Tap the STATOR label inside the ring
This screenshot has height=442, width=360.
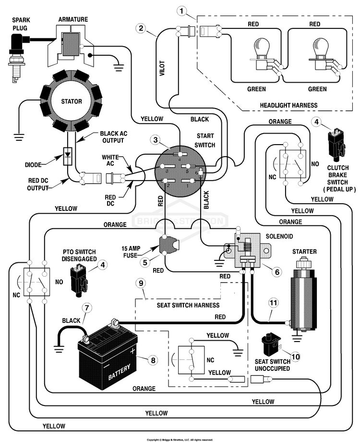pyautogui.click(x=72, y=101)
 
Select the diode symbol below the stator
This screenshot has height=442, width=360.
pyautogui.click(x=68, y=156)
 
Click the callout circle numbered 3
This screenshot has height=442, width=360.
pyautogui.click(x=156, y=139)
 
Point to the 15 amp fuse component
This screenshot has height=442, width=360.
pyautogui.click(x=168, y=245)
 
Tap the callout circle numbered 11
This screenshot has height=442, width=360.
pyautogui.click(x=273, y=303)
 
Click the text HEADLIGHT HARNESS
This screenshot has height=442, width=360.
pyautogui.click(x=288, y=105)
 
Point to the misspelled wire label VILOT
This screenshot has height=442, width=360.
pyautogui.click(x=162, y=68)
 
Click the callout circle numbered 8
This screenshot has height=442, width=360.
pyautogui.click(x=153, y=360)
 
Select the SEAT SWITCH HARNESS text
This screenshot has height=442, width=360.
pyautogui.click(x=188, y=305)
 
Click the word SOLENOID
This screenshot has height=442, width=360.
pyautogui.click(x=279, y=236)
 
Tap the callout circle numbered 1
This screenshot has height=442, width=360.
pyautogui.click(x=182, y=11)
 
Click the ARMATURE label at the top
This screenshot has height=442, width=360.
pyautogui.click(x=73, y=19)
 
